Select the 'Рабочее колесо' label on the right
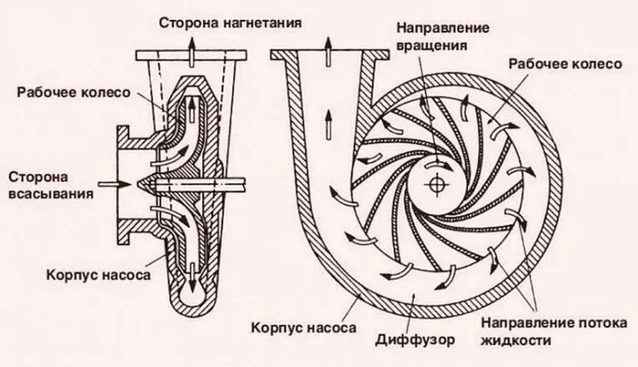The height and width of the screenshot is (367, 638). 564,65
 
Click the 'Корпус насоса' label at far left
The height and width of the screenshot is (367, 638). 85,275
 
